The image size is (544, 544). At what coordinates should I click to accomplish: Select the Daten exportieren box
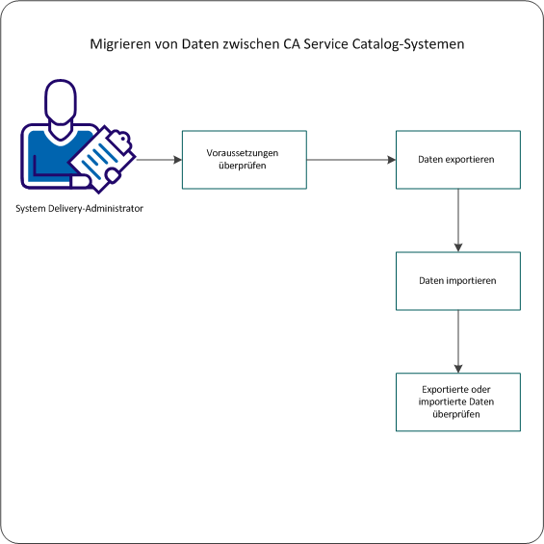[x=458, y=160]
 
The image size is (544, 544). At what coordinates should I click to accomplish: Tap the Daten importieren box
[x=458, y=281]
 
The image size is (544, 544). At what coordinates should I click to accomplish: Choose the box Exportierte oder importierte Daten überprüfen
[x=458, y=402]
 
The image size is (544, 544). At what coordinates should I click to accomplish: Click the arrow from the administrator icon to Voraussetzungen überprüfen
[x=159, y=160]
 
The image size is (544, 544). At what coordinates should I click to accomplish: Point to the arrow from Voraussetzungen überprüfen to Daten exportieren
[x=351, y=160]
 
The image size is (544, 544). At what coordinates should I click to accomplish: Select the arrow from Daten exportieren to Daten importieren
[x=458, y=220]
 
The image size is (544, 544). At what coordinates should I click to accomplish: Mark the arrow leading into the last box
[x=458, y=341]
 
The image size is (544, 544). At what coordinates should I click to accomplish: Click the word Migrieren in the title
[x=119, y=45]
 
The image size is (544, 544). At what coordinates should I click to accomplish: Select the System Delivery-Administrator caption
[x=80, y=209]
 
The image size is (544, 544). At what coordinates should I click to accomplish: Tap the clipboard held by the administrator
[x=106, y=153]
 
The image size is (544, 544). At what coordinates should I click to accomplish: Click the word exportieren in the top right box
[x=471, y=160]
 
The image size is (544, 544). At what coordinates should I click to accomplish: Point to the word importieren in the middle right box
[x=471, y=281]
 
